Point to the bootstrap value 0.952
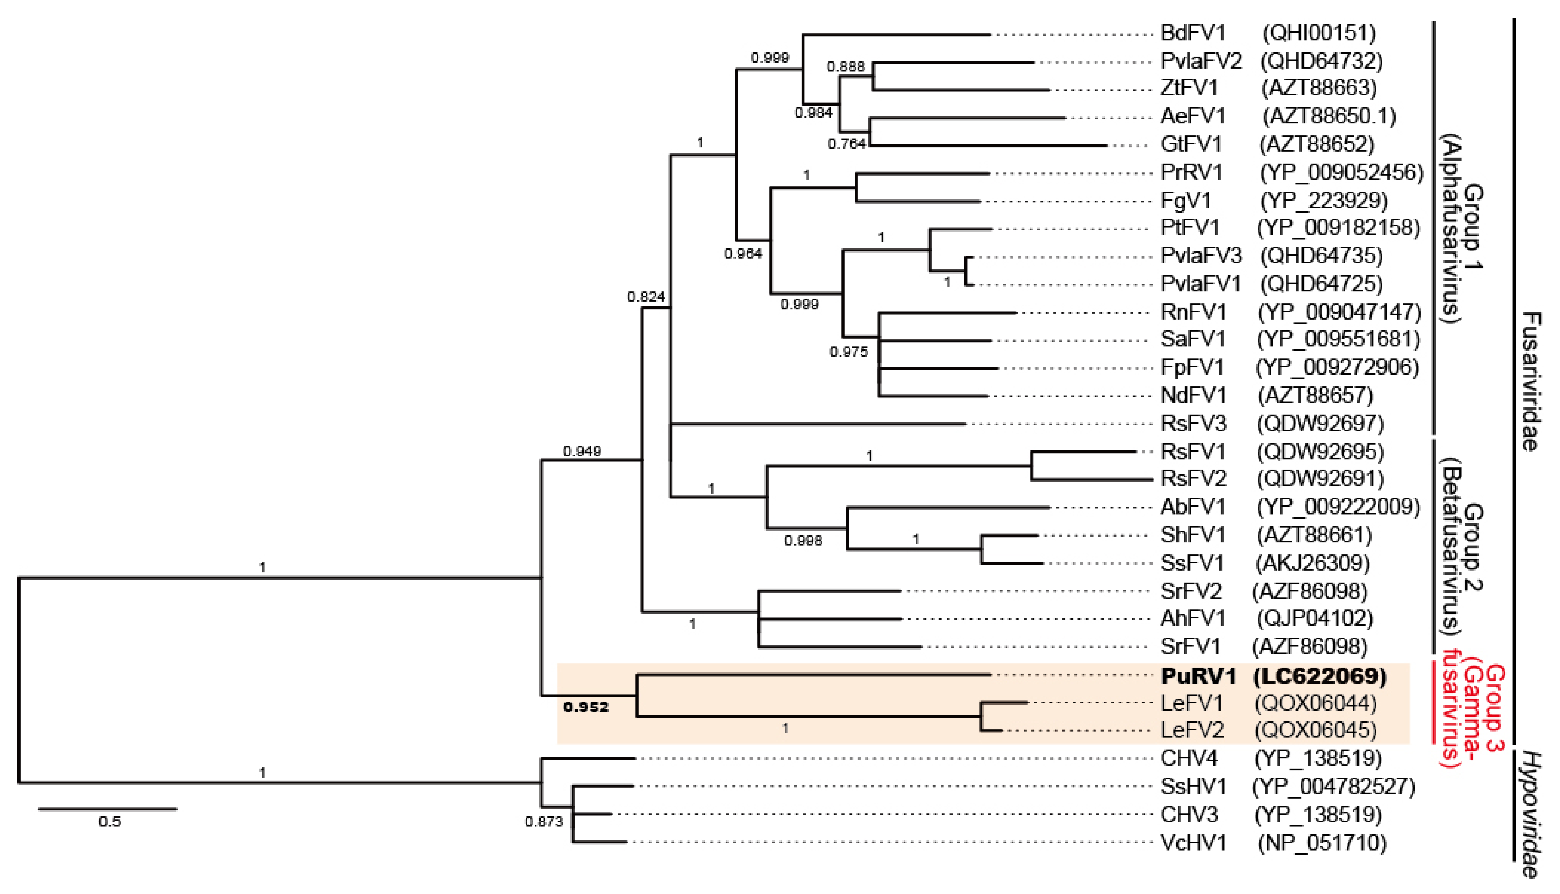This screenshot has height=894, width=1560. click(586, 707)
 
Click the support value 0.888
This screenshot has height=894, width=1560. click(845, 66)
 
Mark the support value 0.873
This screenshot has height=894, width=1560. click(544, 822)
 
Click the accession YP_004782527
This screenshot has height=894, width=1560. click(1333, 787)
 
